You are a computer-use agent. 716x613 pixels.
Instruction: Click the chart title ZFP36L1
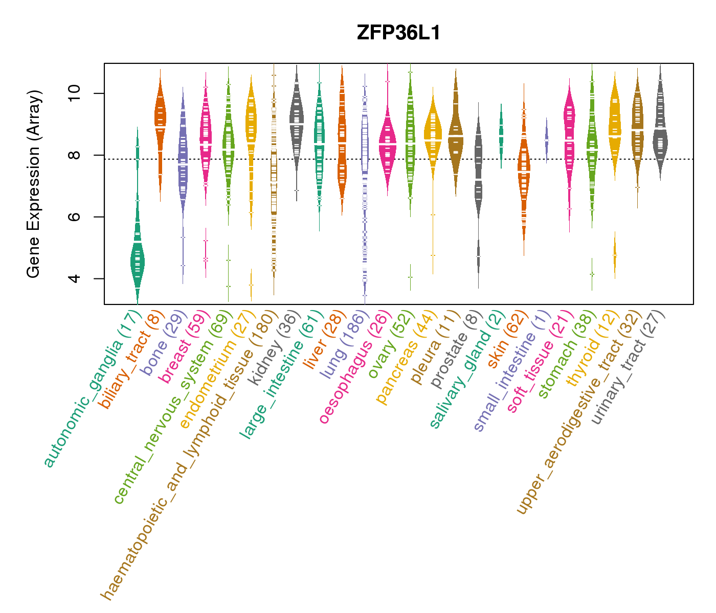(398, 33)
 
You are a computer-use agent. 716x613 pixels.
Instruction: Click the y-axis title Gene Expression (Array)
(34, 184)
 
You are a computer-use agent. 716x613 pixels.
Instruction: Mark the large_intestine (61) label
(280, 373)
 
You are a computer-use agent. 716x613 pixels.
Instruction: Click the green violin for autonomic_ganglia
(137, 261)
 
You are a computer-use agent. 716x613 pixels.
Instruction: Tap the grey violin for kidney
(297, 123)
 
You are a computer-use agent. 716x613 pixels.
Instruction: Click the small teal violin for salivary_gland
(501, 134)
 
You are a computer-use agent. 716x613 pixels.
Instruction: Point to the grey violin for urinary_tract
(660, 138)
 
